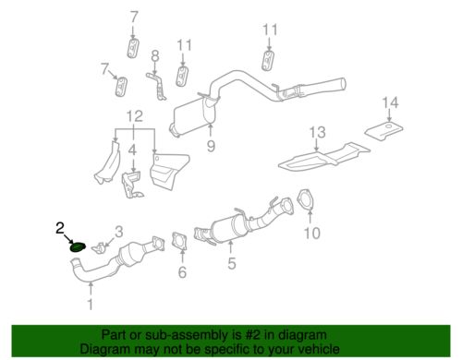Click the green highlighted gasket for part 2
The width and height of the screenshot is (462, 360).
78,246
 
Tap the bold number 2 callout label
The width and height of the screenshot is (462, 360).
60,226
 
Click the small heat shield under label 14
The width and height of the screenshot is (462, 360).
385,127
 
